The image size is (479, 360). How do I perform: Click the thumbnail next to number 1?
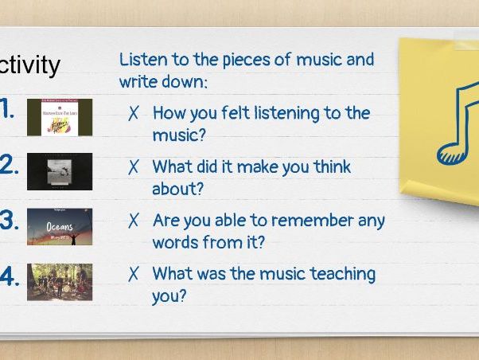59,117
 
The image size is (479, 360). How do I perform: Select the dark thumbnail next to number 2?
59,171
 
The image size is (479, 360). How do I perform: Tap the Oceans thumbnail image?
59,226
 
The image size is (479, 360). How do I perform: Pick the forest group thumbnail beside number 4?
59,281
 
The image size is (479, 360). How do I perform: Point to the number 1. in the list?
7,110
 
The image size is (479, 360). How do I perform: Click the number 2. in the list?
9,165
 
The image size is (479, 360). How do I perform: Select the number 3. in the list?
9,221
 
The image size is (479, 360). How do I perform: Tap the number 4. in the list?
9,276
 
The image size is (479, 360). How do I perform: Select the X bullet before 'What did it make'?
134,168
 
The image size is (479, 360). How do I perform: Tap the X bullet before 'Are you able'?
134,221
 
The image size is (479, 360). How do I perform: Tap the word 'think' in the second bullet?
329,167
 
